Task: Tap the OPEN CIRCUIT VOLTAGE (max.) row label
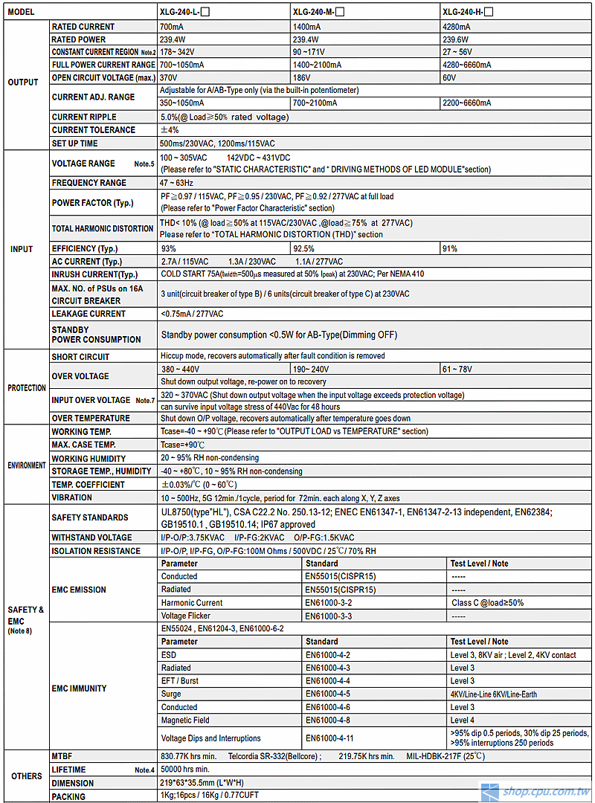(103, 78)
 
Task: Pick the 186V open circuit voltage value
(301, 78)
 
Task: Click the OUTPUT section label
(23, 83)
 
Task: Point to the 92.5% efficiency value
(303, 248)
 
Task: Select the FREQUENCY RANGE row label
(89, 183)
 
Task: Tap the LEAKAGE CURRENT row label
(89, 314)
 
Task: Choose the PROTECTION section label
(26, 388)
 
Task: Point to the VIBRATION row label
(72, 498)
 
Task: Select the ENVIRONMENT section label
(26, 465)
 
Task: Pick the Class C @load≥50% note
(487, 603)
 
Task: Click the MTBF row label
(62, 756)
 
